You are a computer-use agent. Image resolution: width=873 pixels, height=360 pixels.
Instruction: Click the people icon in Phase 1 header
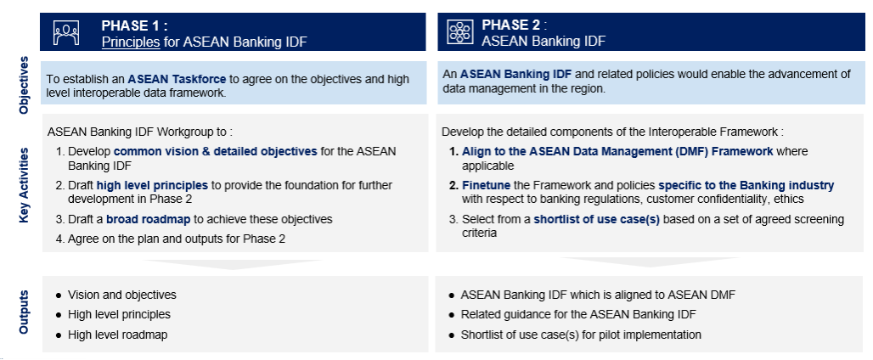(65, 32)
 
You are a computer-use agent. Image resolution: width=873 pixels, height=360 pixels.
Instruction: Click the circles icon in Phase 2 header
(459, 32)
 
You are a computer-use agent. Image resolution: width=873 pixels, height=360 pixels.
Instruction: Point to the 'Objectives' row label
(24, 85)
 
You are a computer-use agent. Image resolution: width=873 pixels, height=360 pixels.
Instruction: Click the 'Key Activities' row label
(24, 185)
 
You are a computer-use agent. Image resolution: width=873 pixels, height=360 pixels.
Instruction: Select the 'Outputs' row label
(24, 312)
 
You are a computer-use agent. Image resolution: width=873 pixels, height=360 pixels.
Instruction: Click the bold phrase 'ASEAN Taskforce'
(177, 79)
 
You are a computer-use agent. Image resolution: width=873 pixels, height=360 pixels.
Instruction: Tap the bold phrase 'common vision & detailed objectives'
(215, 151)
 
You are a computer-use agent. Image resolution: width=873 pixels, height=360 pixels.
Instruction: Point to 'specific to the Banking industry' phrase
(746, 185)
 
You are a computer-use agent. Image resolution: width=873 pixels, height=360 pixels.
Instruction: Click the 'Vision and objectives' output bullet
(121, 295)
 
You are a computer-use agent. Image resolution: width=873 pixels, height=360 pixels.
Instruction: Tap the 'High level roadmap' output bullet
(117, 335)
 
